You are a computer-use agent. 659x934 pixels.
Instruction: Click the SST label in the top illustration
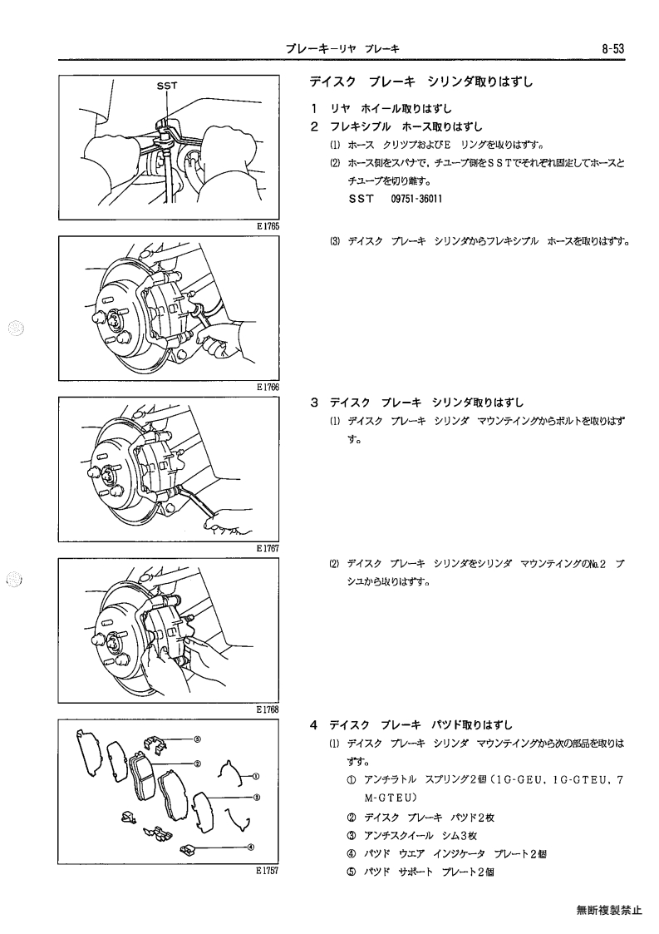(167, 86)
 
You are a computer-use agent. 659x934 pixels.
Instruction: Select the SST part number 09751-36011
(416, 199)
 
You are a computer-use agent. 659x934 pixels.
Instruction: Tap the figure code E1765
(268, 226)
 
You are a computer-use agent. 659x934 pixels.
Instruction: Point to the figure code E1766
(268, 388)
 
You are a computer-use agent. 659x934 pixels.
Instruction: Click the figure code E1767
(268, 548)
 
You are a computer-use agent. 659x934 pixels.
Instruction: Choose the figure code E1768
(268, 709)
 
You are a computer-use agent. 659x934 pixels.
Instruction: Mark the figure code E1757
(268, 870)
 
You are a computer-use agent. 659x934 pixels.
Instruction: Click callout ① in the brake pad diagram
(255, 776)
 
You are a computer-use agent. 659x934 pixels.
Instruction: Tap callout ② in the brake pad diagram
(197, 763)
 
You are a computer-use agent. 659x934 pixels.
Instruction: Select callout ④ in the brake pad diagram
(251, 847)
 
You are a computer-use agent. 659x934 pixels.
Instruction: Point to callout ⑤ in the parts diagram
(197, 739)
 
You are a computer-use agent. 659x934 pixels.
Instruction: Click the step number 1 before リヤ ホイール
(314, 109)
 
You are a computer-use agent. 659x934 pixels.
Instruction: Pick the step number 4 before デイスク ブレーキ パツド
(314, 725)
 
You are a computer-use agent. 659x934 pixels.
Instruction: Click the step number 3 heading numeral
(314, 403)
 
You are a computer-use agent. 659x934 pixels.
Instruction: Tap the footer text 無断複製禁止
(609, 910)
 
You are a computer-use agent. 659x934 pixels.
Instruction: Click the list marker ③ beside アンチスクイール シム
(352, 836)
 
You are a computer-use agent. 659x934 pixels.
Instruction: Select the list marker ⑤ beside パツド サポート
(352, 872)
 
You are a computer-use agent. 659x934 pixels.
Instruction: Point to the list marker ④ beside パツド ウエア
(352, 854)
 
